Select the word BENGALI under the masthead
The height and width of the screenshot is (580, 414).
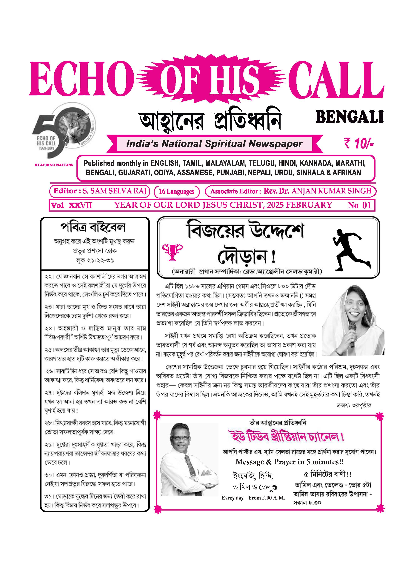(x=350, y=117)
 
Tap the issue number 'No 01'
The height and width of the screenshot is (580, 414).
(x=359, y=205)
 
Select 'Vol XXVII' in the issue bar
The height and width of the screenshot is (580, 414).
(x=71, y=205)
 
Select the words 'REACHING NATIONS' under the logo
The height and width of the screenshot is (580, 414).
(x=54, y=165)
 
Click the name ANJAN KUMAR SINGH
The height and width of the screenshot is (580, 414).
(x=331, y=191)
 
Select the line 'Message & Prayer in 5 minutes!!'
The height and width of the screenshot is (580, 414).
(x=289, y=462)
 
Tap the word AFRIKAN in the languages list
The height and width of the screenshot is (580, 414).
(x=345, y=173)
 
